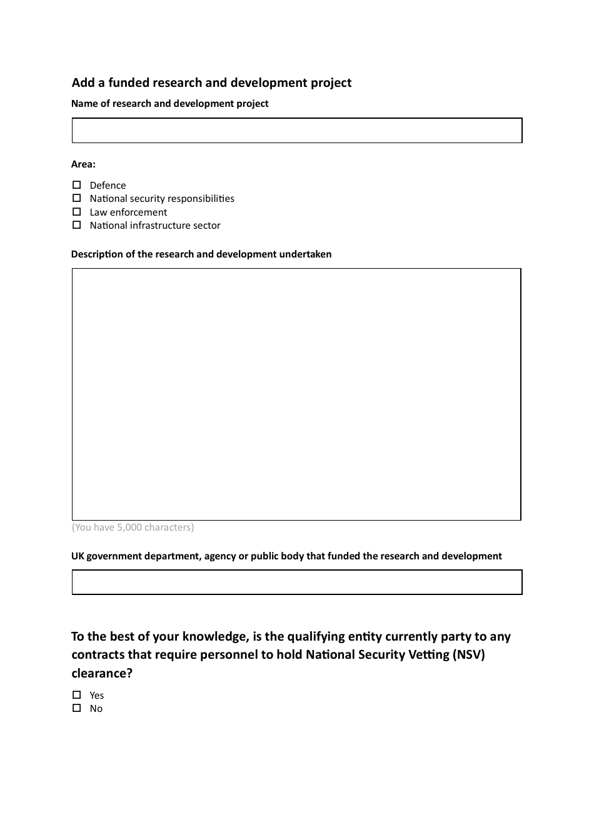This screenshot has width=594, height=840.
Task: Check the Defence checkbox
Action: [77, 185]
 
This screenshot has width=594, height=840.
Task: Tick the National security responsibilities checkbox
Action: [77, 198]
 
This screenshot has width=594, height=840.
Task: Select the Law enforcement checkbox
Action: [77, 212]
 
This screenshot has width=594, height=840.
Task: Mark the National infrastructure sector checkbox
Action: [77, 225]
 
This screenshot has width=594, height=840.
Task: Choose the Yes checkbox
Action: [77, 695]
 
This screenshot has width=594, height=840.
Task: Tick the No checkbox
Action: [77, 708]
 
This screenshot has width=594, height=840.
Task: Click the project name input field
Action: [296, 131]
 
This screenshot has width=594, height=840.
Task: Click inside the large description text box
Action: [296, 394]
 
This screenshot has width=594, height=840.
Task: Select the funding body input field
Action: [296, 582]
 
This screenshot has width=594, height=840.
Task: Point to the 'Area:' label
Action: [83, 164]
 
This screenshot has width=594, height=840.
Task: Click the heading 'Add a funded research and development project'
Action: [211, 82]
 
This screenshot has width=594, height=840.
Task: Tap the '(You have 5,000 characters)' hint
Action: [133, 527]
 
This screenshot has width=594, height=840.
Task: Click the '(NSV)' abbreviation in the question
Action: [469, 654]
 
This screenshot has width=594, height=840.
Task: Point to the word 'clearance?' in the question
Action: [102, 673]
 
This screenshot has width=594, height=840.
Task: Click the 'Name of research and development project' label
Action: [169, 104]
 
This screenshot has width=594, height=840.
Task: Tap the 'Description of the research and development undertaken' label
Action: [201, 254]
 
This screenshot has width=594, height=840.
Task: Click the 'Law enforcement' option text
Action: [128, 212]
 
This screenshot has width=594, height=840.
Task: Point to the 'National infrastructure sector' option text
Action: [155, 226]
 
